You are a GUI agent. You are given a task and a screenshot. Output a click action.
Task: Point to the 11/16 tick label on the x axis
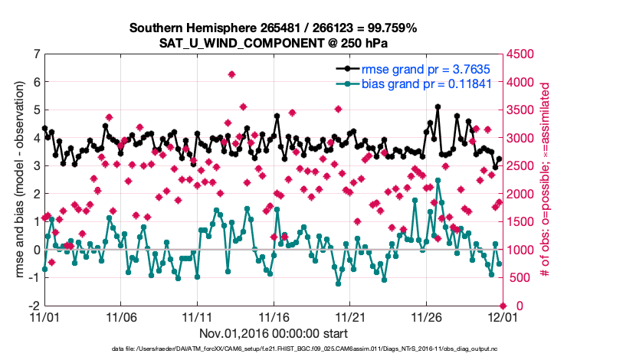coord(273,316)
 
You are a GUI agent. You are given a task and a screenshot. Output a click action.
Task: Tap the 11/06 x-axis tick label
coord(120,316)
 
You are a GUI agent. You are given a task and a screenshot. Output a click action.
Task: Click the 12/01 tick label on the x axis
coord(501,316)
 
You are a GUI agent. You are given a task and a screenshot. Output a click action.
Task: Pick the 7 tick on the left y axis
coord(35,54)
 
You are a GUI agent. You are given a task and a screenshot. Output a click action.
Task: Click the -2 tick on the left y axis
coord(33,306)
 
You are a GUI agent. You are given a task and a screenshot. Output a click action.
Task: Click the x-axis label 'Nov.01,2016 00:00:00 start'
coord(273,333)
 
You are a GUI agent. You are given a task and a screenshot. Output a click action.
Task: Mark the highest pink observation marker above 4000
coord(231,74)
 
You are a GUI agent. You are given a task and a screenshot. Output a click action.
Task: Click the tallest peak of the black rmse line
coord(438,107)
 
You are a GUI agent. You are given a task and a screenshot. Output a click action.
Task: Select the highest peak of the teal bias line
coord(438,180)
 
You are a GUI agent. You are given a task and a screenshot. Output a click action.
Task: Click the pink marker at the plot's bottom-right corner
coord(501,306)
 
